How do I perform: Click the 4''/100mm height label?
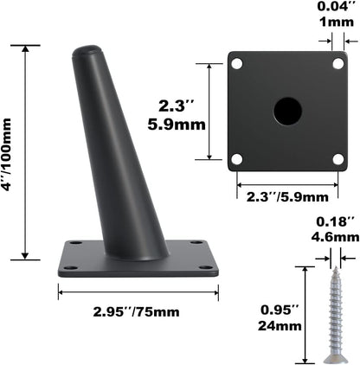11,150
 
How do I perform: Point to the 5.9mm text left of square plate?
181,123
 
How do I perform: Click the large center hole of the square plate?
287,110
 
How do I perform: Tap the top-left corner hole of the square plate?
237,63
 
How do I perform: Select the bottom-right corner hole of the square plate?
337,158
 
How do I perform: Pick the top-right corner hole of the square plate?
337,63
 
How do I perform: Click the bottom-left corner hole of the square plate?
237,158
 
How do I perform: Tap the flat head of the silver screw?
333,355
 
